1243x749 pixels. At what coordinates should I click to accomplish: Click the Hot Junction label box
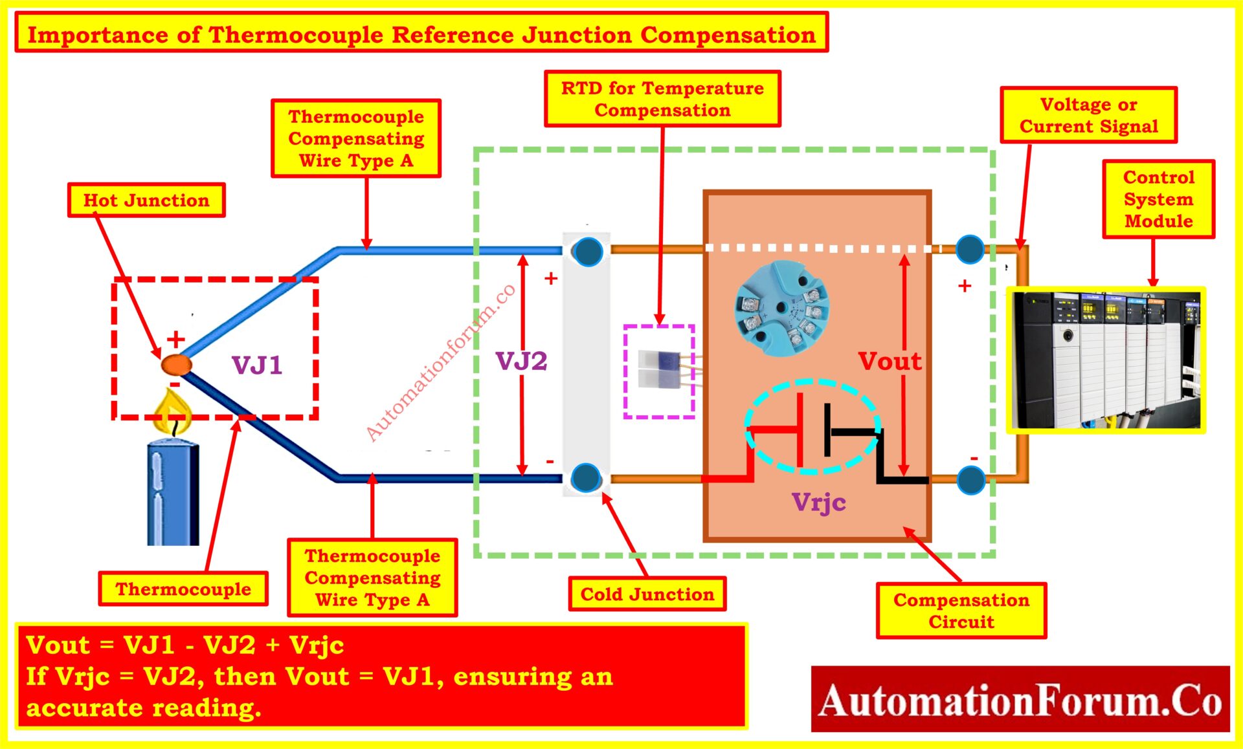(146, 200)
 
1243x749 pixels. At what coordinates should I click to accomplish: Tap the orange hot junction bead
(176, 365)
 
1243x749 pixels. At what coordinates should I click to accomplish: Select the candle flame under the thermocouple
(172, 413)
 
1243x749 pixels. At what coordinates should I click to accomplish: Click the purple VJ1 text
(257, 365)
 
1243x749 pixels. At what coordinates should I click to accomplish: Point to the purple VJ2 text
(521, 361)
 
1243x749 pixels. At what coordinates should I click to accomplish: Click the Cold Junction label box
(647, 594)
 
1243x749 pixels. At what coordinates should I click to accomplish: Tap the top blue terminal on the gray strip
(588, 251)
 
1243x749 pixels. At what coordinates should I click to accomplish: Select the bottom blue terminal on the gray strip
(587, 478)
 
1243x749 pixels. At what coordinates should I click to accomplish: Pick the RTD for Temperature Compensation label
(662, 99)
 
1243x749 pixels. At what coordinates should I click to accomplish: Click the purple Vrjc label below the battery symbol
(819, 503)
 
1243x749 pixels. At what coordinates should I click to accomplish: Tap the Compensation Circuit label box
(961, 611)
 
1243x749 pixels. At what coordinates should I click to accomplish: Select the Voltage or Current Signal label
(1088, 115)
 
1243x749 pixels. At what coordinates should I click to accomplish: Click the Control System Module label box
(1158, 199)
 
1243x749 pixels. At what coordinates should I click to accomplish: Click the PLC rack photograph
(1106, 360)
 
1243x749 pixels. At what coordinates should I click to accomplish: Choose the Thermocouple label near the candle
(183, 589)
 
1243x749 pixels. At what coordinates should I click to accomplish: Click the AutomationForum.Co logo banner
(1020, 699)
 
